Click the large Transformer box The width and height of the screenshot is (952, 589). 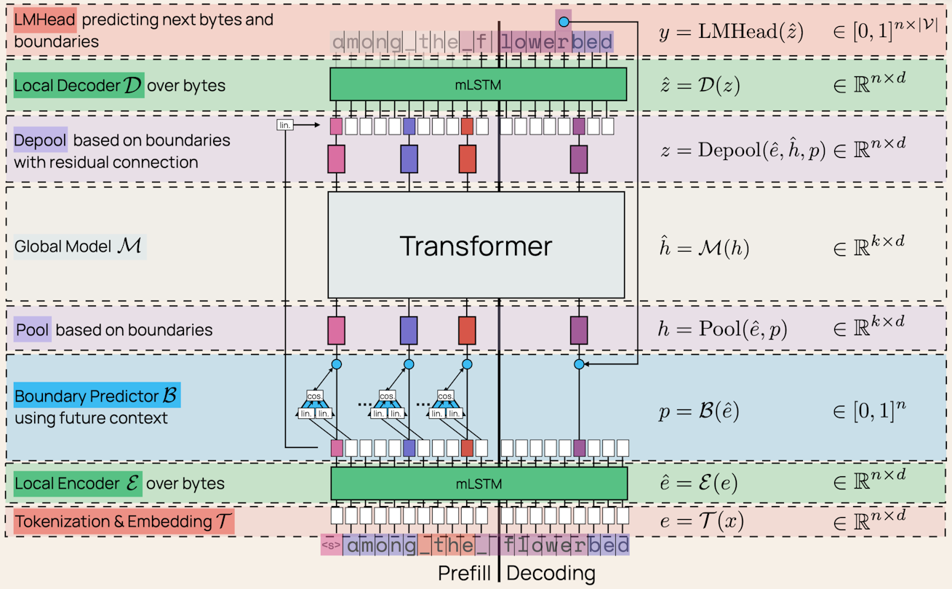click(476, 245)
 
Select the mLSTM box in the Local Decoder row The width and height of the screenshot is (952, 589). click(478, 84)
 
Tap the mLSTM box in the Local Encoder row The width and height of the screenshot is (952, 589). click(479, 483)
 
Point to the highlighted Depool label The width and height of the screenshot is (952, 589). click(41, 140)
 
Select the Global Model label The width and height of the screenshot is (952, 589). click(79, 246)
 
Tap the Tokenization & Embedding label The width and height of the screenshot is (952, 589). click(124, 521)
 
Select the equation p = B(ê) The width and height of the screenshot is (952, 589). click(699, 412)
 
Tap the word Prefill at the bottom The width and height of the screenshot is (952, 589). click(465, 573)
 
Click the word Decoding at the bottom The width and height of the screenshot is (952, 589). click(551, 573)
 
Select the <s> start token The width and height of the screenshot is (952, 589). click(331, 545)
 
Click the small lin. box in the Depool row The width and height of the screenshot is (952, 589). click(285, 125)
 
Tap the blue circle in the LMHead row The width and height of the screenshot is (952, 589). click(564, 23)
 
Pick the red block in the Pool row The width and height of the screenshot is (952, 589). click(467, 329)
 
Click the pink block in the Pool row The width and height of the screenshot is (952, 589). click(336, 329)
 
